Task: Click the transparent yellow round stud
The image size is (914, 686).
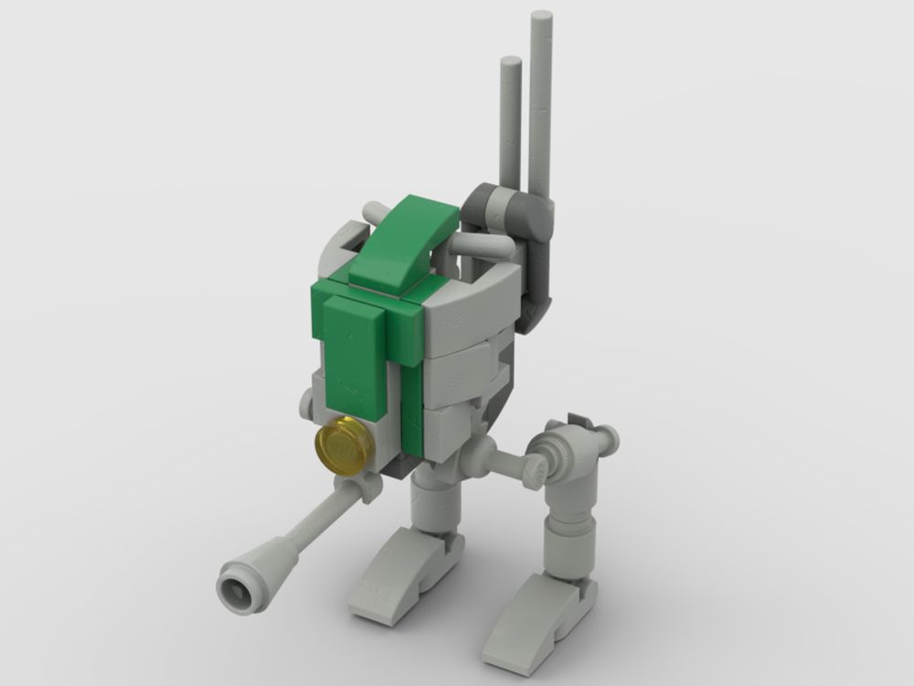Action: click(x=344, y=444)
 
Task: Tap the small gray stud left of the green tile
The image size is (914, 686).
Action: click(x=306, y=402)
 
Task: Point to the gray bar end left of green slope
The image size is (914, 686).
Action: click(x=374, y=213)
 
